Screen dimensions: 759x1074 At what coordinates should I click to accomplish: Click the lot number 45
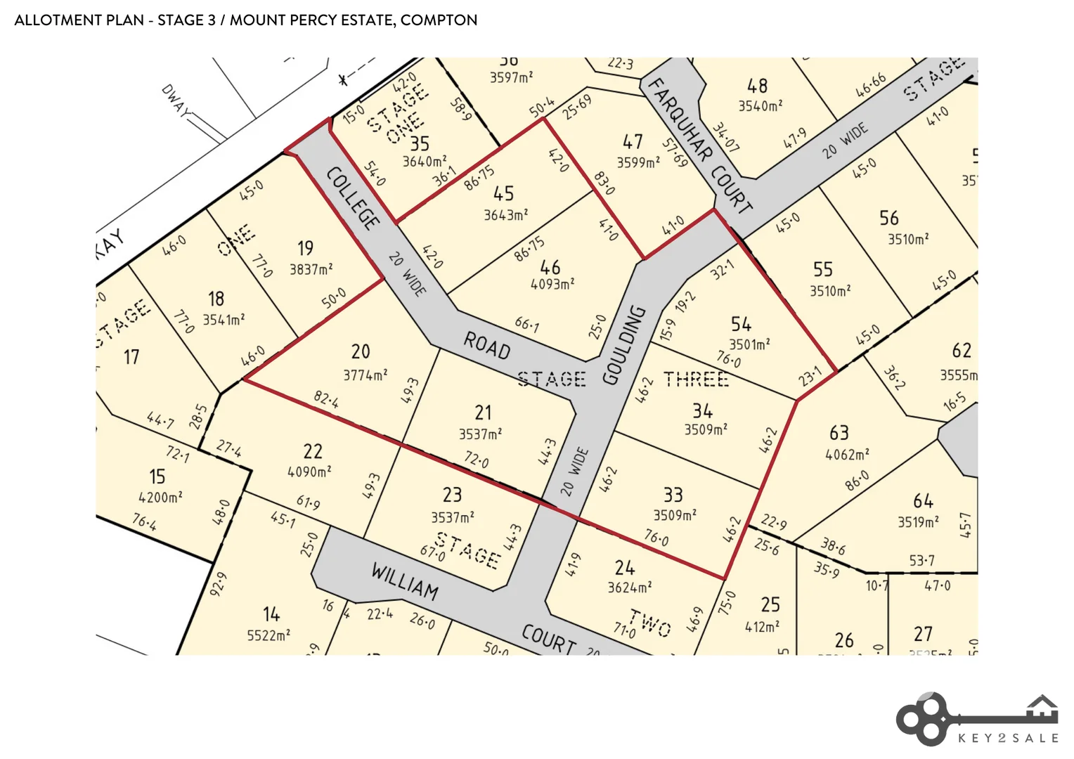pyautogui.click(x=503, y=193)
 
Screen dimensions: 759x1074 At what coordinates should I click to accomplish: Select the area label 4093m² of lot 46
pyautogui.click(x=552, y=285)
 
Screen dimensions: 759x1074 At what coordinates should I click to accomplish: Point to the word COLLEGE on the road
pyautogui.click(x=354, y=198)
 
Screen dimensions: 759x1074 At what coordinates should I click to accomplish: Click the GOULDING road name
pyautogui.click(x=624, y=345)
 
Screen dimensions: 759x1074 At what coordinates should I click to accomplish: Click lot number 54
pyautogui.click(x=741, y=324)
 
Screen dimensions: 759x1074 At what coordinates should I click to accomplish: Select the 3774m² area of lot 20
pyautogui.click(x=365, y=375)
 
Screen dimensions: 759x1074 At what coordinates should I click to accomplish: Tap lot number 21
pyautogui.click(x=483, y=413)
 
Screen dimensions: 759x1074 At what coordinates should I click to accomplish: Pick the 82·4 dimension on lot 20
pyautogui.click(x=326, y=400)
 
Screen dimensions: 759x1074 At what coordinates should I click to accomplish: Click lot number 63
pyautogui.click(x=839, y=432)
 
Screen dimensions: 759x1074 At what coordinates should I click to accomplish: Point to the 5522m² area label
pyautogui.click(x=268, y=635)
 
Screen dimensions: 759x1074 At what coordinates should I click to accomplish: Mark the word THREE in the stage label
pyautogui.click(x=696, y=379)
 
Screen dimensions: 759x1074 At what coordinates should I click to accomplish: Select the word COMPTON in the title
pyautogui.click(x=439, y=20)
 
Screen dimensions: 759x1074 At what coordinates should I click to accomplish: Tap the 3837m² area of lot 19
pyautogui.click(x=311, y=269)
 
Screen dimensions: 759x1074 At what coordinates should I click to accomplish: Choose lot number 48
pyautogui.click(x=757, y=86)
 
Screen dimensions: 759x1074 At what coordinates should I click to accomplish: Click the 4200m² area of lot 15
pyautogui.click(x=160, y=498)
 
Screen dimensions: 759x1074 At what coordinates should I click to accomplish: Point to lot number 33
pyautogui.click(x=673, y=495)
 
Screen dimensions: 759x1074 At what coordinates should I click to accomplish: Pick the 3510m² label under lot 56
pyautogui.click(x=908, y=240)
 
